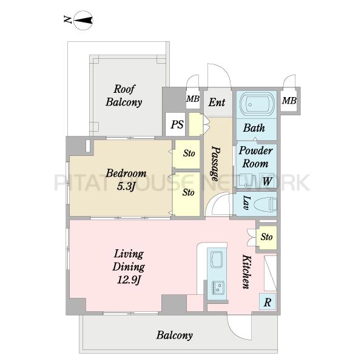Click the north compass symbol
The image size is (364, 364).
83,21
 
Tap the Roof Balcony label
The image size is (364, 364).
124,96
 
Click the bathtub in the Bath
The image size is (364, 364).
257,104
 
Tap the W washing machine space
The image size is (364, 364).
267,181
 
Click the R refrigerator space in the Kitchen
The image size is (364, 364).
268,302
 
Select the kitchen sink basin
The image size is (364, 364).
217,259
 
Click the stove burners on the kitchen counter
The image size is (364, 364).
218,287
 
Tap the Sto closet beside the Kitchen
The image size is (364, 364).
266,237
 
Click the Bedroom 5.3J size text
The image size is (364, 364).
126,186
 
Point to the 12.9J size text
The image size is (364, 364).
129,280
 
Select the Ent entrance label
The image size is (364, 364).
217,103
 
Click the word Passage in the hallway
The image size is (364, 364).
215,163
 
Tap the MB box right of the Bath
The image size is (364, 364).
289,101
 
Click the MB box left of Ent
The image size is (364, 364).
193,99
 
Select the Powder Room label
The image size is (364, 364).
255,157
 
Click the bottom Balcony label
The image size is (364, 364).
175,335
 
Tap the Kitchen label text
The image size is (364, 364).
247,272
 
